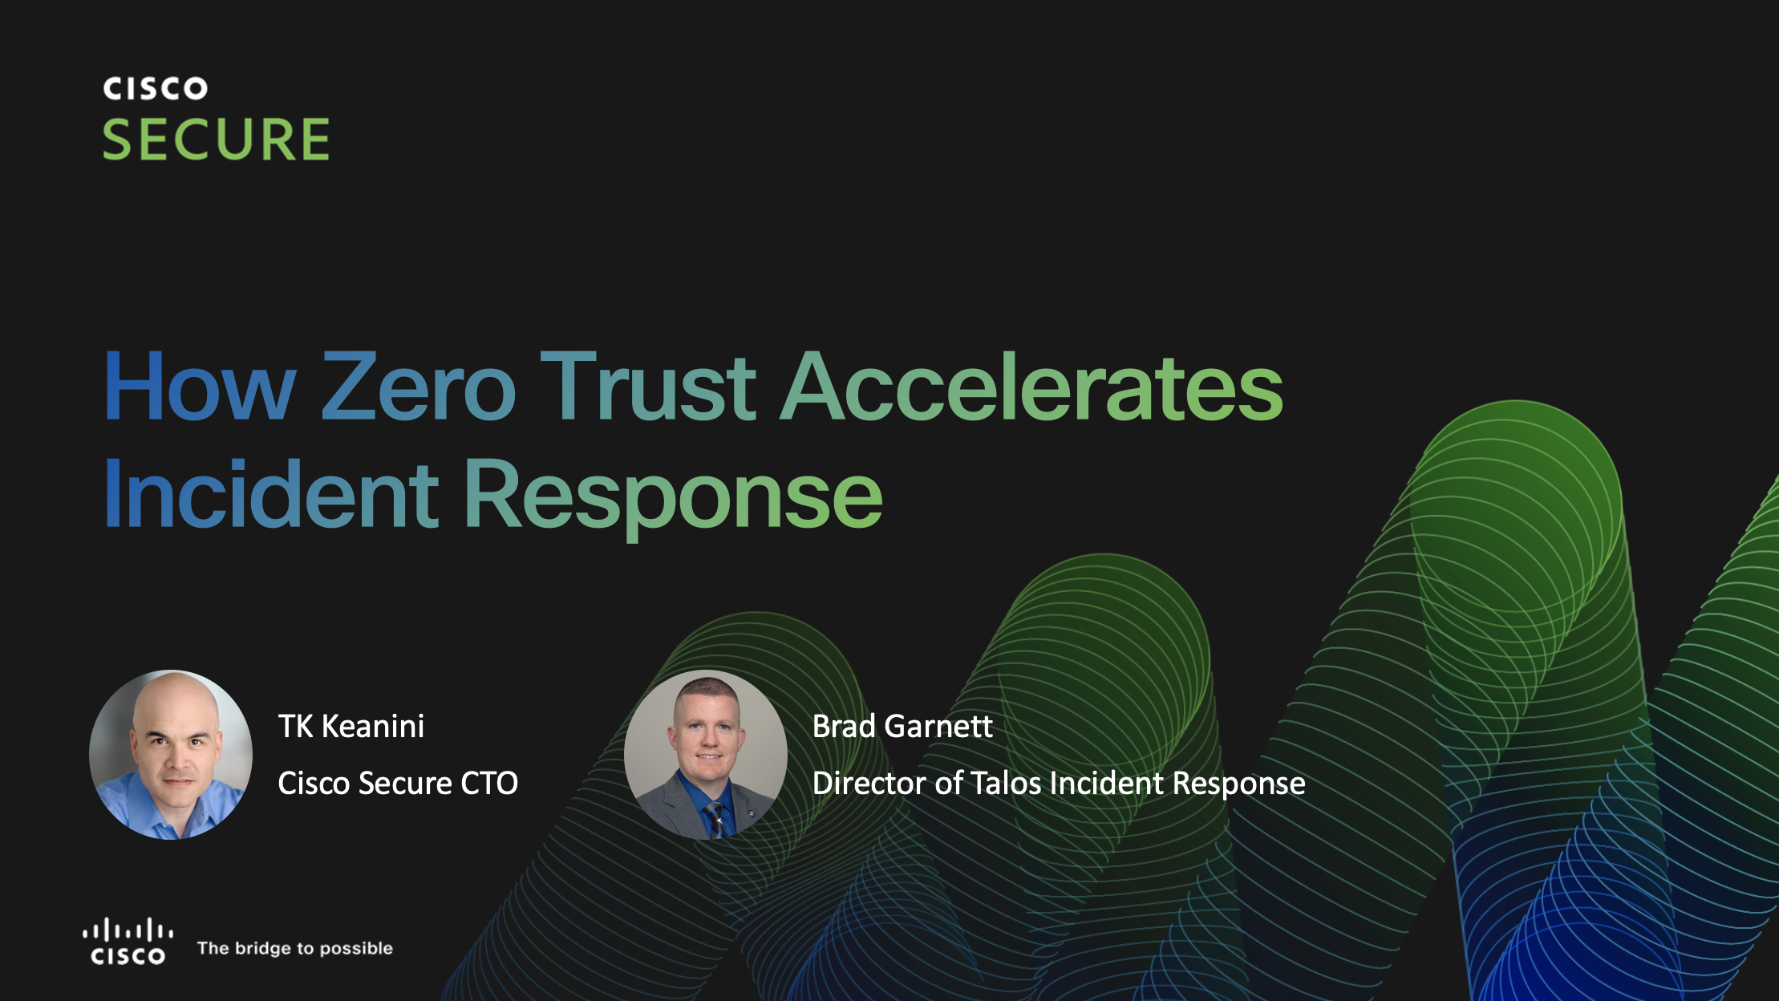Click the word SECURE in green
tap(216, 140)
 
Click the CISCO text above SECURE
tap(156, 88)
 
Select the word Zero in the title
tap(418, 387)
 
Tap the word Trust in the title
tap(648, 387)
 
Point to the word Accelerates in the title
tap(1031, 387)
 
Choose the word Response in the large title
tap(674, 497)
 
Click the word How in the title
tap(201, 387)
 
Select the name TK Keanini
tap(351, 726)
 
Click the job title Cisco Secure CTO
tap(398, 783)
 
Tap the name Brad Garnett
tap(902, 726)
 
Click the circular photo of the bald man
tap(171, 755)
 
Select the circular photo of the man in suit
tap(706, 755)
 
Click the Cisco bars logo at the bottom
tap(128, 941)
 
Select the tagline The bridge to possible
tap(295, 948)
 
